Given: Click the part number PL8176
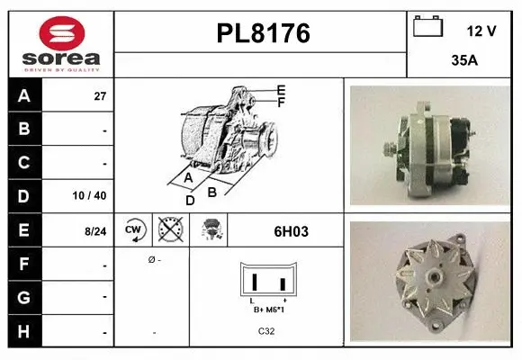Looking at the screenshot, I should pos(263,34).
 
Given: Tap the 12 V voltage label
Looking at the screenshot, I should pos(481,31).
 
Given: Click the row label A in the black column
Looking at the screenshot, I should pos(24,95).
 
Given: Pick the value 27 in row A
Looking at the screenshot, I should pos(100,95).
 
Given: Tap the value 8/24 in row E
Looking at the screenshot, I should pos(94,231).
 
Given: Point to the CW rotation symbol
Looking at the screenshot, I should pos(133,230).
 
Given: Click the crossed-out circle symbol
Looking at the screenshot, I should pos(170,230).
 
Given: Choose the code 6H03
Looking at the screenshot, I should pos(291,231).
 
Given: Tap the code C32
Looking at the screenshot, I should pos(267,331).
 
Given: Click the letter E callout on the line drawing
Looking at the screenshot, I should pos(281,90).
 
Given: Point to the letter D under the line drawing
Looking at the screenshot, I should pos(190,200).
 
